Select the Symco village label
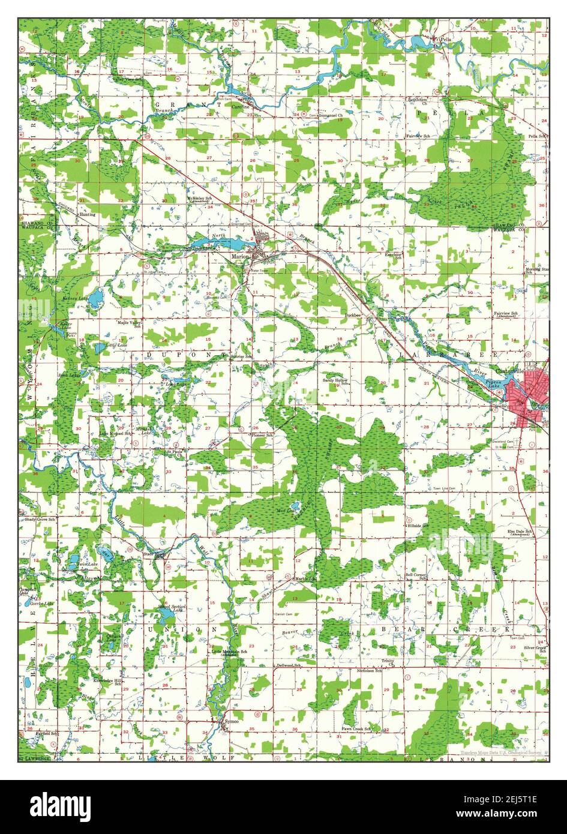tap(230, 721)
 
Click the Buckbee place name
tap(353, 314)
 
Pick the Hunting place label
tap(87, 214)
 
